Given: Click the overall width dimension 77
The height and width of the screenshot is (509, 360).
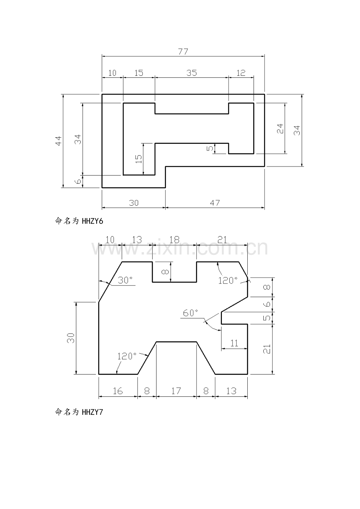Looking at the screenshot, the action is (183, 52).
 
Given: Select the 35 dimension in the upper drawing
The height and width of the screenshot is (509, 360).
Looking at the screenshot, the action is (191, 73).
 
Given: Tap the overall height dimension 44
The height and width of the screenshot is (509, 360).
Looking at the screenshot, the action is (58, 141).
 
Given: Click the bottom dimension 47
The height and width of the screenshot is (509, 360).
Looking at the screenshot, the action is (215, 203).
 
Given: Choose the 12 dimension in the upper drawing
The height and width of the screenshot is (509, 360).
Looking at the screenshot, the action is (241, 73).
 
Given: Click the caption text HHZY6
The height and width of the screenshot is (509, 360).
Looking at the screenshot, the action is (92, 221).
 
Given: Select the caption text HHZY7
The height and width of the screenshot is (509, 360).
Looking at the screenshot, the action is (92, 412).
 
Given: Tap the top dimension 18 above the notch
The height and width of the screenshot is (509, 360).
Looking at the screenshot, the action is (174, 240).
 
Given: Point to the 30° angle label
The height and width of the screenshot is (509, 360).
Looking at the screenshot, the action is (125, 280).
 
